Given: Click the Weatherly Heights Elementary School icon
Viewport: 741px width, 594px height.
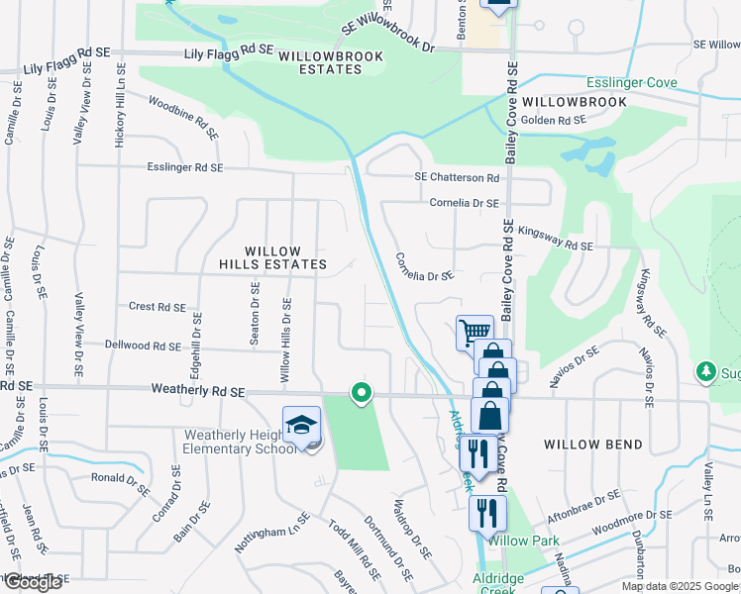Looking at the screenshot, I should point(301,426).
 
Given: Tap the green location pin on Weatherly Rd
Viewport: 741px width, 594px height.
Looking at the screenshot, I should point(362,393).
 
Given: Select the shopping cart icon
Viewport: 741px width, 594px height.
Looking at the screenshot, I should point(475,332).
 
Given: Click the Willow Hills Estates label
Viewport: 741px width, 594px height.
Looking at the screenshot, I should point(271,257).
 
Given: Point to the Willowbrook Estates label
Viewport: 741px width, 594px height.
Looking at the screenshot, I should point(320,62).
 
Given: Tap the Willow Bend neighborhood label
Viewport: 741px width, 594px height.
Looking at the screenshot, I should point(592,445).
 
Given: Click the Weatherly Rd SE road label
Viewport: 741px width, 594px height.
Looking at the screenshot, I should point(197,392).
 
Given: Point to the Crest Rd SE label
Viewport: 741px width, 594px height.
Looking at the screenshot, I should point(157,307).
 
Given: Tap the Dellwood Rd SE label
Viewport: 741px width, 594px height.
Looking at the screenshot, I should point(144,346).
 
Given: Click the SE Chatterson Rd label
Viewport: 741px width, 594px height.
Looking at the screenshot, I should point(457,178).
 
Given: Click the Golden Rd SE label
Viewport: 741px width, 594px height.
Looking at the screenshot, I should point(553,120).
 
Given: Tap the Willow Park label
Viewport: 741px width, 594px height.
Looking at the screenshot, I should point(524,541).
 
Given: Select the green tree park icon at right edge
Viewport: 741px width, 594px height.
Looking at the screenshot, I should point(705,371).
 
